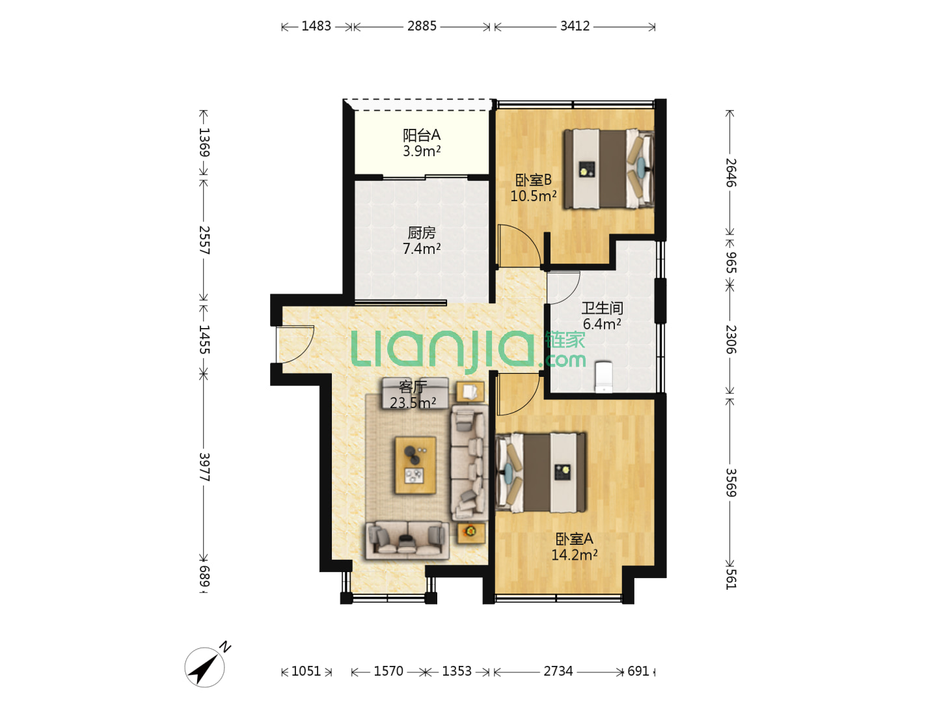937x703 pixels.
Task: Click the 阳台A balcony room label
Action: pos(422,135)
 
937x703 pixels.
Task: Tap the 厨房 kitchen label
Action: pos(422,232)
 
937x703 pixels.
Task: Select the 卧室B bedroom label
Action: pos(533,180)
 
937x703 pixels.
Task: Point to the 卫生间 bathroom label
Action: pos(602,308)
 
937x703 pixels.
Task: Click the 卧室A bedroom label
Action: pos(574,539)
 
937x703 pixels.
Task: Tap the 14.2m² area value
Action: pos(574,555)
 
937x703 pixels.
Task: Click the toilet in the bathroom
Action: pos(604,377)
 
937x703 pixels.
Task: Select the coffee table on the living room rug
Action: pos(415,465)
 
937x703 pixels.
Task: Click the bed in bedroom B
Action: pos(609,169)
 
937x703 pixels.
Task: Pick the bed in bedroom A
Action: pos(541,473)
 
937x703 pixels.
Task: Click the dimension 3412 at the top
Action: pos(575,26)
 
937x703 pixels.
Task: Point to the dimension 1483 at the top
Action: pos(316,26)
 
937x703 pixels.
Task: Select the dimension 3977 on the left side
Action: pos(204,467)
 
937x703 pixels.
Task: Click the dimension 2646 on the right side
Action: pos(731,173)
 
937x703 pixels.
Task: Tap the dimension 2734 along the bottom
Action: pos(558,671)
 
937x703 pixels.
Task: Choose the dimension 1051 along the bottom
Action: pos(306,671)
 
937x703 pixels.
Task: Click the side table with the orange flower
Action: pos(471,532)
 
